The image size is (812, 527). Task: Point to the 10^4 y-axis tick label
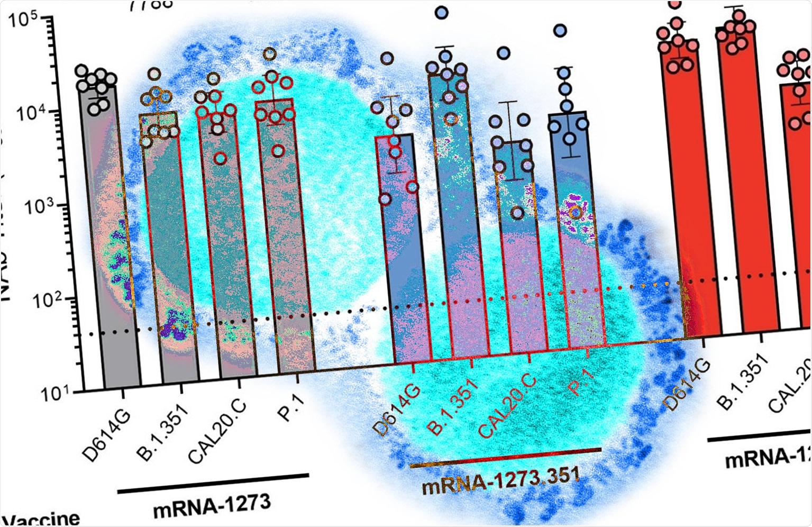[x=28, y=113]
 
